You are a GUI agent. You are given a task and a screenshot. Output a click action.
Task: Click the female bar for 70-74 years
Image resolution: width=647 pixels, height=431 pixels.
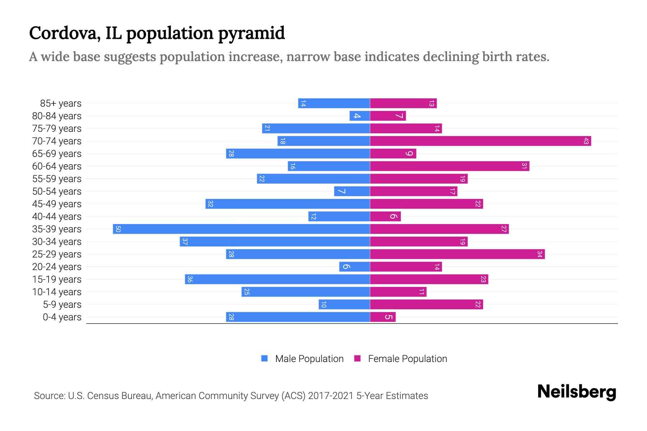480,141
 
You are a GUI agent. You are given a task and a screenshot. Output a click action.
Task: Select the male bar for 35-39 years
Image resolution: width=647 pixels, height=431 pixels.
241,229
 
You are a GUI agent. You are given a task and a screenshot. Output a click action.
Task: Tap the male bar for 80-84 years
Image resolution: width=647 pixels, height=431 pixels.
359,116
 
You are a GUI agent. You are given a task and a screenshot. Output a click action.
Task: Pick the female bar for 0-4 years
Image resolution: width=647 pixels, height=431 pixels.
382,317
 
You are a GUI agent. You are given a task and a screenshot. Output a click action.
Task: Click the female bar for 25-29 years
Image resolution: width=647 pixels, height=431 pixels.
457,254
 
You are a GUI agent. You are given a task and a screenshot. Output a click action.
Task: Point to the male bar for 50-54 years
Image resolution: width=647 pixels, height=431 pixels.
352,191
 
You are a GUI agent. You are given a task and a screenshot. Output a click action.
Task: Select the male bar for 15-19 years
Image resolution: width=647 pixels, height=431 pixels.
277,279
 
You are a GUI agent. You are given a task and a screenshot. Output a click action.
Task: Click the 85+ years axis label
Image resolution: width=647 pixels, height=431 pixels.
60,103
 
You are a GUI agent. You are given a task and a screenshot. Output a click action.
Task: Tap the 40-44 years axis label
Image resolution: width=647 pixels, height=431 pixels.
57,217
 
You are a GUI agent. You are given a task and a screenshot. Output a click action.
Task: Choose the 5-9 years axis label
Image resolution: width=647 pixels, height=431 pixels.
62,305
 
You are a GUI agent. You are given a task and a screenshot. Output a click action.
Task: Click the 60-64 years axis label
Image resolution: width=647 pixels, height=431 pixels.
57,166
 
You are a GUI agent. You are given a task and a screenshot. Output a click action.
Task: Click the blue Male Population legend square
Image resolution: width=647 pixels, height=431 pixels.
265,358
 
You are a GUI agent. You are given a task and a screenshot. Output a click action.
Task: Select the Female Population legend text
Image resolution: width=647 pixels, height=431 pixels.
407,359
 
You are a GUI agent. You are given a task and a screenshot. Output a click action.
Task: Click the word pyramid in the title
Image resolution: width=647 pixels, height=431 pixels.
251,34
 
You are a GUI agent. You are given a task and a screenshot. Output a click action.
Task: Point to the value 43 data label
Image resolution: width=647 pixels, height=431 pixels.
586,141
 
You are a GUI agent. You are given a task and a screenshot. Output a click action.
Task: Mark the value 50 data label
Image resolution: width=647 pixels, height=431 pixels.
118,229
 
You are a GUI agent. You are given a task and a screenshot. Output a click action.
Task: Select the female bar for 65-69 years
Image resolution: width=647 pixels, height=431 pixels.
393,154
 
